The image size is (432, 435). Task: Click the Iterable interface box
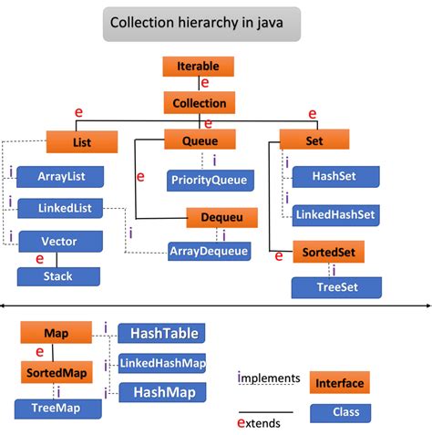click(198, 67)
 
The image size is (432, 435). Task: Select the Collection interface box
click(199, 103)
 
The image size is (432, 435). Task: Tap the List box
click(81, 141)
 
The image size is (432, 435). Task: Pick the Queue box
click(200, 140)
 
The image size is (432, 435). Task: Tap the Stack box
click(58, 275)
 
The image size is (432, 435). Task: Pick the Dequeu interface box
click(222, 217)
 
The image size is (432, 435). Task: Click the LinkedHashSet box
click(337, 214)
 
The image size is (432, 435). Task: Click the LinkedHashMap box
click(162, 364)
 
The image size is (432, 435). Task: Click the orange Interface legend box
click(339, 384)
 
